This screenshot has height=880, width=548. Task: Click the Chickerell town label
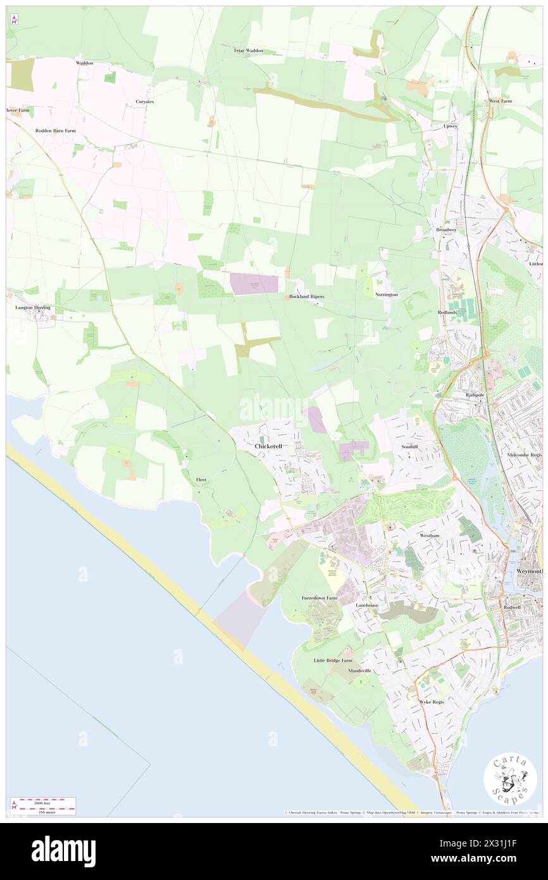[268, 446]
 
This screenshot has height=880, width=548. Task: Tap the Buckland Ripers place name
[307, 296]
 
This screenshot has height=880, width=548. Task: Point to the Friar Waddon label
[248, 51]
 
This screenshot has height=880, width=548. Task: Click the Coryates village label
[145, 101]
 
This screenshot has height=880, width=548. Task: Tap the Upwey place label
[449, 127]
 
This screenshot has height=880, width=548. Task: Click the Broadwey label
[446, 230]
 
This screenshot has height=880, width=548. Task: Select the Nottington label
[386, 295]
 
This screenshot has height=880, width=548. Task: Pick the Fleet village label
[201, 480]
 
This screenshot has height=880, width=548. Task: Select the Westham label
[429, 536]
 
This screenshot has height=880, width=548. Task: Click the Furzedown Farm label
[318, 598]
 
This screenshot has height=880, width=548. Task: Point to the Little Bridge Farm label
[333, 660]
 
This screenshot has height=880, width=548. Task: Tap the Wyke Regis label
[432, 702]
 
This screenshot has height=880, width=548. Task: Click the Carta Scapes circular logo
[510, 780]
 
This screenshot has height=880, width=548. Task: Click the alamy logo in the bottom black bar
[63, 851]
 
